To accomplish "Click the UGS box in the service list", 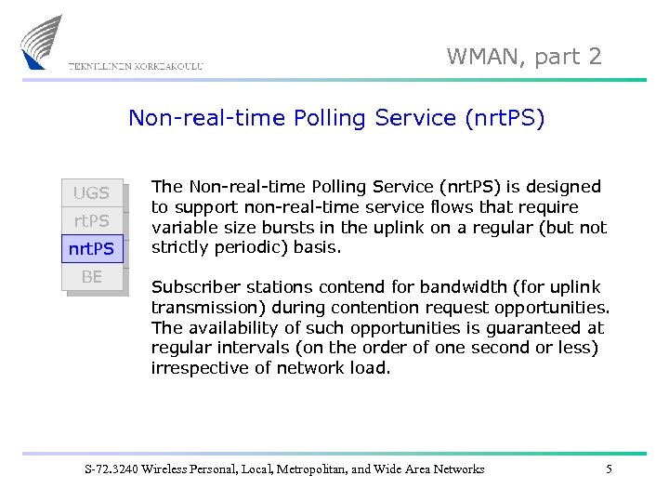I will pyautogui.click(x=91, y=193).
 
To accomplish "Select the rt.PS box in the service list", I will pyautogui.click(x=91, y=221).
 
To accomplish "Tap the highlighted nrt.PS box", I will pyautogui.click(x=91, y=249).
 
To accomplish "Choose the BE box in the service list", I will pyautogui.click(x=91, y=277).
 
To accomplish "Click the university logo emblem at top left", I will pyautogui.click(x=42, y=42).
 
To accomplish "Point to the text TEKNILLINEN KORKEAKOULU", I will pyautogui.click(x=136, y=66).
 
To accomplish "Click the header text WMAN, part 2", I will pyautogui.click(x=524, y=57).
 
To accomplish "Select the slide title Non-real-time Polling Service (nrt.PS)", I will pyautogui.click(x=336, y=118).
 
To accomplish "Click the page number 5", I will pyautogui.click(x=609, y=469).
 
